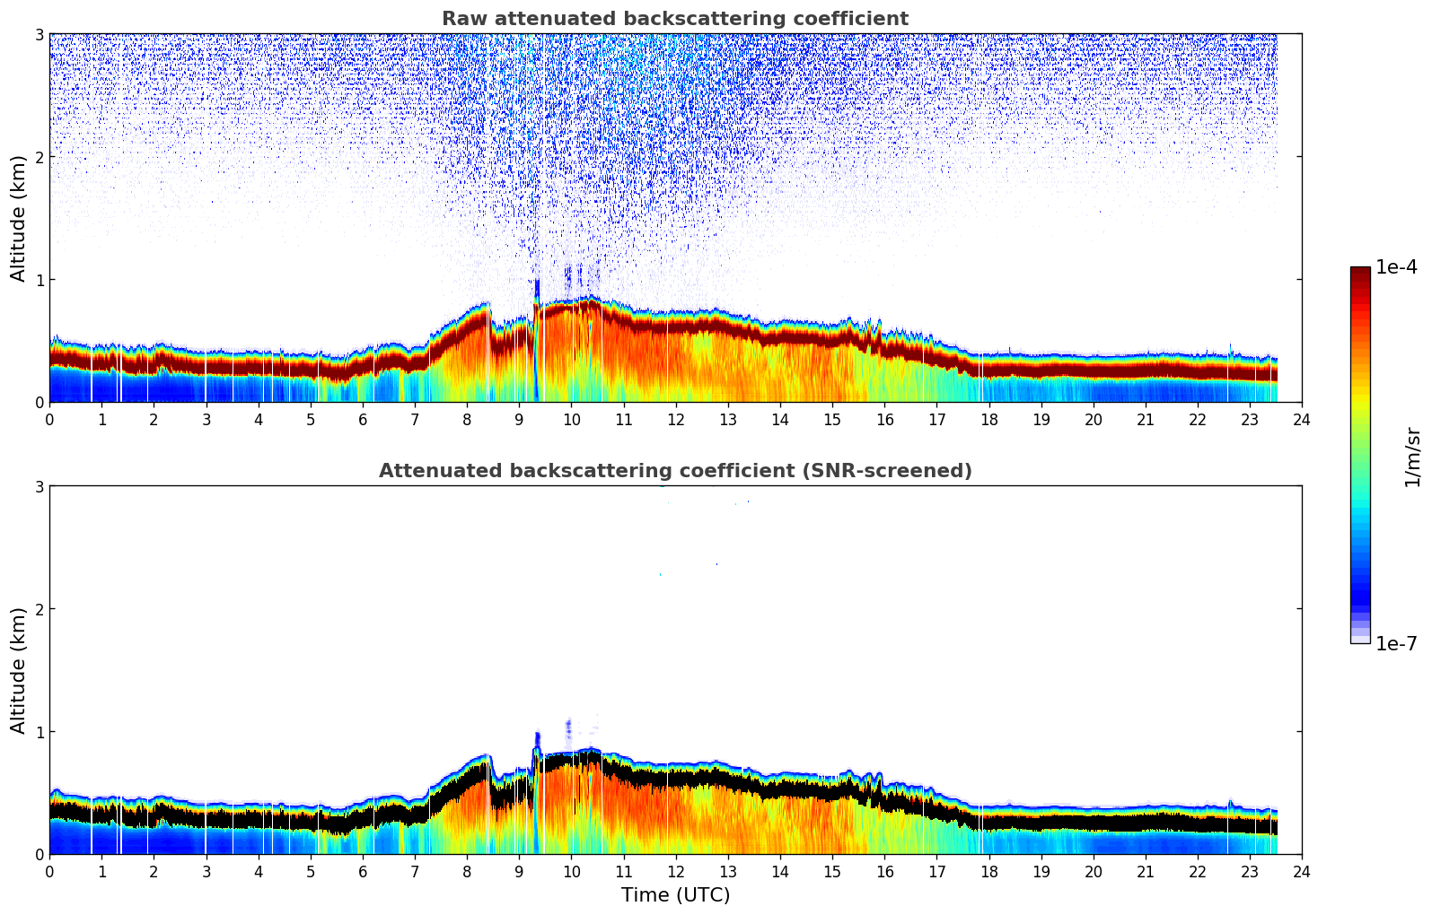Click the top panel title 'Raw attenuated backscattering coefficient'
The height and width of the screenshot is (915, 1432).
(x=674, y=19)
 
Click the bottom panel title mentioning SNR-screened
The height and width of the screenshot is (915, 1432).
(x=674, y=471)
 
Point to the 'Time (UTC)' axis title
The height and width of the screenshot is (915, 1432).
(x=675, y=895)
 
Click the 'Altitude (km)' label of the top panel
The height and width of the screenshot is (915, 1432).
(x=19, y=218)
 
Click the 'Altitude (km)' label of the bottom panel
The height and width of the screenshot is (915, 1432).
(x=19, y=670)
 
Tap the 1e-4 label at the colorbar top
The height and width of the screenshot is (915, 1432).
(x=1396, y=267)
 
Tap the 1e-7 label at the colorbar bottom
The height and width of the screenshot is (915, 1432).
(x=1396, y=643)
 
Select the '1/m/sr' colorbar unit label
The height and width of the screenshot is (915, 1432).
(x=1412, y=457)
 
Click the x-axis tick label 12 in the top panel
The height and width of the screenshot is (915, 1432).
(x=675, y=419)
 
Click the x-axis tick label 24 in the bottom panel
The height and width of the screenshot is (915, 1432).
(x=1302, y=871)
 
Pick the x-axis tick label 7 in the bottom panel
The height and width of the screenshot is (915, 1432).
(x=415, y=871)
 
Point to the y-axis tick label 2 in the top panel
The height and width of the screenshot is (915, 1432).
(x=40, y=157)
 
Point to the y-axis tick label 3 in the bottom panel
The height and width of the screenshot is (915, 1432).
(x=40, y=486)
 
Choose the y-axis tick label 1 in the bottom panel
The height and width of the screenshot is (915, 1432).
(x=40, y=732)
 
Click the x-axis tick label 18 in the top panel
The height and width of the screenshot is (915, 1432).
(x=988, y=419)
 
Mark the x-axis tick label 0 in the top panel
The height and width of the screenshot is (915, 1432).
(x=49, y=419)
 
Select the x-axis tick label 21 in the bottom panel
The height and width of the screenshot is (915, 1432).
(x=1146, y=871)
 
